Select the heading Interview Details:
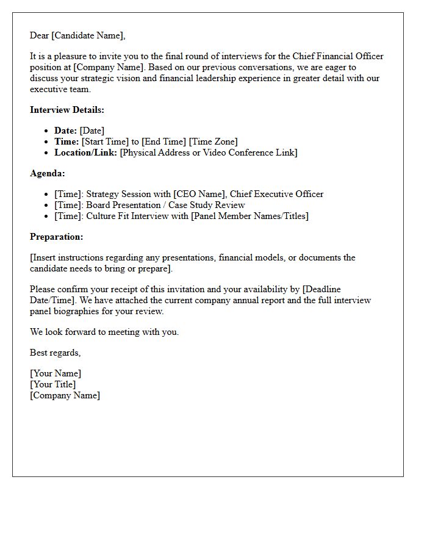[x=67, y=110]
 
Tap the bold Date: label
[x=65, y=131]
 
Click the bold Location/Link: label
[x=85, y=152]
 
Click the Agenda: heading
[x=47, y=173]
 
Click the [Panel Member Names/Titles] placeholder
[x=250, y=216]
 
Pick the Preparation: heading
[x=56, y=237]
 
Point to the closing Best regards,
[x=55, y=353]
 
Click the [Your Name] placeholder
[x=56, y=373]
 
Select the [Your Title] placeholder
[x=53, y=384]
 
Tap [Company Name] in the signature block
[x=65, y=395]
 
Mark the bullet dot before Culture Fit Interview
[x=48, y=217]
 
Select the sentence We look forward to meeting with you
[x=104, y=332]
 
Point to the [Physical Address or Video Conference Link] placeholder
[x=209, y=152]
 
